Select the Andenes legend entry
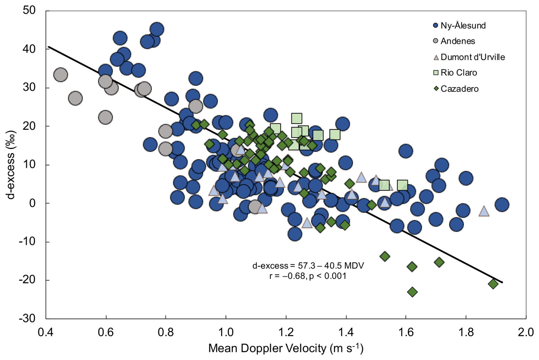(454, 41)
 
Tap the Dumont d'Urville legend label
(473, 57)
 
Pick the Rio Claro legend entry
(455, 73)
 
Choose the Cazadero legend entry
(456, 89)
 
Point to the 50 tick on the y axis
(29, 10)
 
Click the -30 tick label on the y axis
(27, 318)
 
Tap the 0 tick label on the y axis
(32, 203)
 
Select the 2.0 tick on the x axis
(526, 332)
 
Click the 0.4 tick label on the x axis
(46, 332)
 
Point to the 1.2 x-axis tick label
(286, 332)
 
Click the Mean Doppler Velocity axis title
(286, 348)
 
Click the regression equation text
(308, 265)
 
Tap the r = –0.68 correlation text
(308, 276)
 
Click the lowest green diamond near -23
(412, 292)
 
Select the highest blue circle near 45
(157, 29)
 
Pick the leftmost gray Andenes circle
(60, 75)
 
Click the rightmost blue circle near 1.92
(502, 204)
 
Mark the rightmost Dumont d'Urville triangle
(484, 211)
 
